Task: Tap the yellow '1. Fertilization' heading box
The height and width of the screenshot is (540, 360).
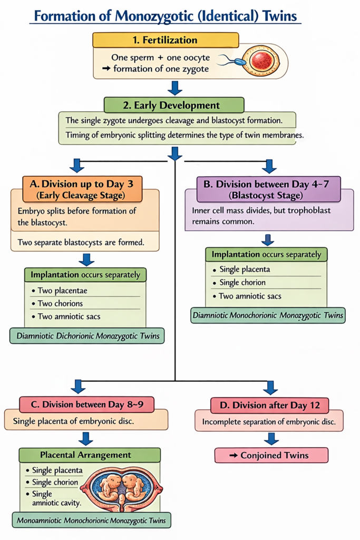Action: (166, 40)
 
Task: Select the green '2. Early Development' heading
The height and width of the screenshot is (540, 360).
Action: (174, 104)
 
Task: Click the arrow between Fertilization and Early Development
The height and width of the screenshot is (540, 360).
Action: (175, 88)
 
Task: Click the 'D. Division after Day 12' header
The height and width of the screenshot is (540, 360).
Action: (270, 405)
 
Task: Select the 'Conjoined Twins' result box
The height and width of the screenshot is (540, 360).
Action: (271, 455)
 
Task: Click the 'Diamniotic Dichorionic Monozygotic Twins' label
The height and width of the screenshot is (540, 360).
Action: (87, 335)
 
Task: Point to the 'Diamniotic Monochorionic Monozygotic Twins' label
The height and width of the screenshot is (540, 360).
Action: (268, 315)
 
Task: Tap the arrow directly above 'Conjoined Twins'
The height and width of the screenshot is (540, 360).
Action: (271, 438)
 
